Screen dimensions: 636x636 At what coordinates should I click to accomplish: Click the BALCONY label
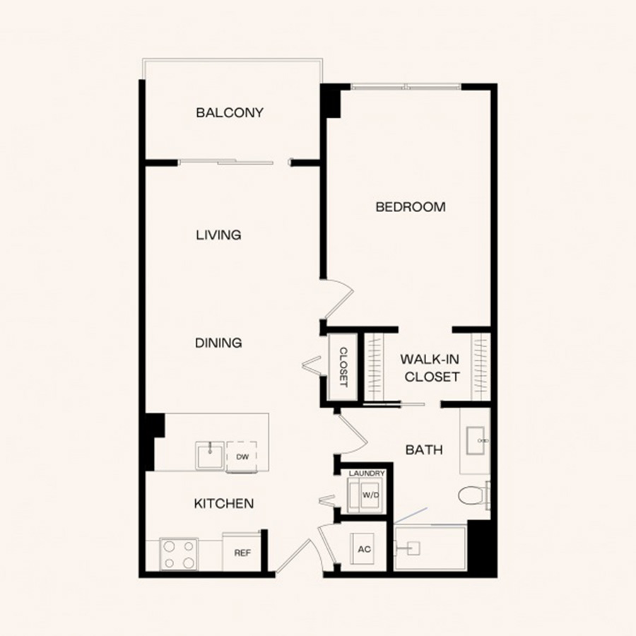click(x=230, y=112)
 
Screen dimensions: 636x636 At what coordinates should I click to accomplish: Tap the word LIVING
click(x=218, y=235)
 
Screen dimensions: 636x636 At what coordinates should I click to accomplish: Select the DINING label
click(x=218, y=343)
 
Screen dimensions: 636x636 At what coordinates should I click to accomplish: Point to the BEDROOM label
click(x=411, y=207)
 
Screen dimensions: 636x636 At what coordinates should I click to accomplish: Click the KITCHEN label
click(x=224, y=503)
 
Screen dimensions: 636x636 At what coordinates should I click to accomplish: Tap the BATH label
click(x=424, y=449)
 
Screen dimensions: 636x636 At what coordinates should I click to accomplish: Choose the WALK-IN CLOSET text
click(x=431, y=368)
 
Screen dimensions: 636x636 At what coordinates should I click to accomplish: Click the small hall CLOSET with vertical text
click(x=343, y=367)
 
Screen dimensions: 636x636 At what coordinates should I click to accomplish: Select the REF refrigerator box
click(x=242, y=551)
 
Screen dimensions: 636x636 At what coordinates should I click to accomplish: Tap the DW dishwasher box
click(x=242, y=457)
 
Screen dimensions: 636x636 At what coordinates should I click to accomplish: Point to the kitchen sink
click(x=210, y=456)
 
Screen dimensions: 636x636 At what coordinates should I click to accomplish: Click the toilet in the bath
click(x=473, y=495)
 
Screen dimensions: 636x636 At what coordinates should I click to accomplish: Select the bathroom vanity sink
click(x=476, y=440)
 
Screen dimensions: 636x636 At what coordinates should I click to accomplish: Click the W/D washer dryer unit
click(x=365, y=495)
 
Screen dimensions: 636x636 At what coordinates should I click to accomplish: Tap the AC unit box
click(x=364, y=549)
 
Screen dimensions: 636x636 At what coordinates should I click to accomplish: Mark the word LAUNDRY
click(x=366, y=473)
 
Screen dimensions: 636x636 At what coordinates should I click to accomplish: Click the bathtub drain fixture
click(x=410, y=548)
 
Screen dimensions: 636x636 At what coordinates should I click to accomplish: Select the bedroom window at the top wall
click(x=406, y=86)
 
